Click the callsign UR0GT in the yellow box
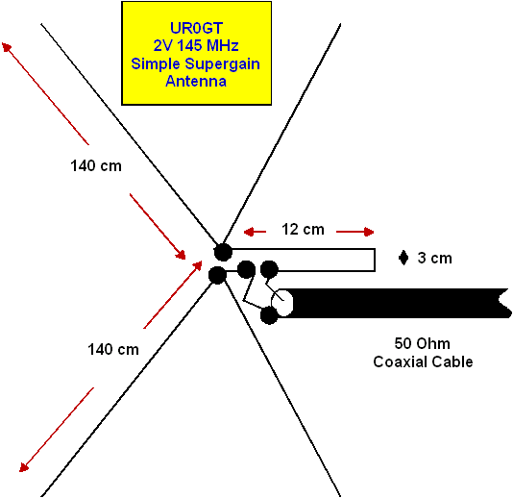(x=196, y=28)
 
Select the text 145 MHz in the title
(x=208, y=45)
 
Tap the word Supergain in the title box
(x=223, y=63)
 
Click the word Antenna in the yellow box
(x=196, y=81)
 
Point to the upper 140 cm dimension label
(x=96, y=165)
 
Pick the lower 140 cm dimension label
(x=113, y=349)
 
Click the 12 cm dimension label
(x=303, y=229)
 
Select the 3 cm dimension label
(x=435, y=258)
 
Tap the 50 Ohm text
(x=422, y=343)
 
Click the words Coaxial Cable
(x=423, y=361)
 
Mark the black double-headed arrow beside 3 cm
(x=403, y=258)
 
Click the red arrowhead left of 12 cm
(x=250, y=232)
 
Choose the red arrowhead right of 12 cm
(x=368, y=232)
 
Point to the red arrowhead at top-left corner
(x=7, y=47)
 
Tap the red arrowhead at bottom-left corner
(x=24, y=467)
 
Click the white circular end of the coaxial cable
(x=282, y=303)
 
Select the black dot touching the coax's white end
(x=269, y=315)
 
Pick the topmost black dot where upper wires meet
(x=223, y=252)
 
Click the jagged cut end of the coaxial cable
(x=503, y=303)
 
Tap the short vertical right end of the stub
(x=375, y=260)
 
